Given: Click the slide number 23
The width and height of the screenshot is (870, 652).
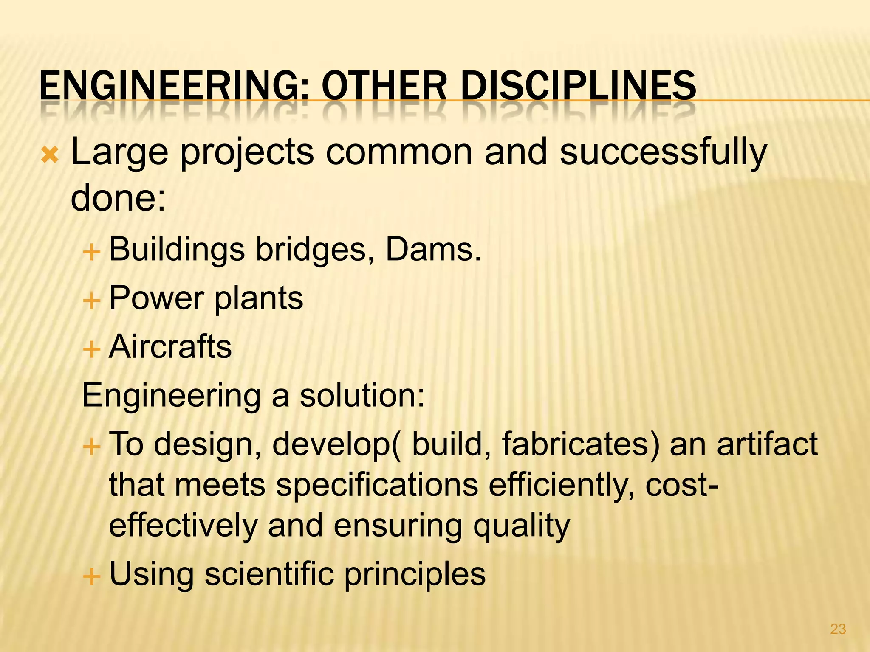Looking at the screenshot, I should coord(838,629).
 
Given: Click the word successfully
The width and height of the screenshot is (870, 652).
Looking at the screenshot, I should coord(663,153).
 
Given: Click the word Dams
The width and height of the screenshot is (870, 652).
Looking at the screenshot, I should coord(433,250).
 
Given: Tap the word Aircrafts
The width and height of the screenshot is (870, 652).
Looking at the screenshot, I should coord(170,347).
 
